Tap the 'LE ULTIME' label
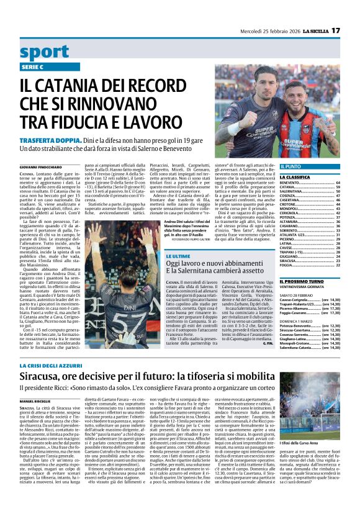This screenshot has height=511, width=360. pyautogui.click(x=177, y=256)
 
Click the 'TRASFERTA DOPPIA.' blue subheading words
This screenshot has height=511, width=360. pyautogui.click(x=67, y=141)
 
